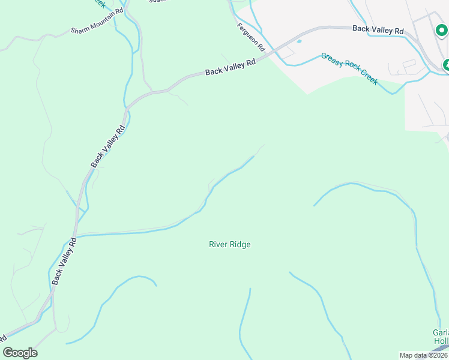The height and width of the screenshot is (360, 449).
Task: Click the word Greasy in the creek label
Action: click(x=331, y=59)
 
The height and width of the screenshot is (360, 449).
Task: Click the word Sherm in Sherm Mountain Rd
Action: click(x=80, y=30)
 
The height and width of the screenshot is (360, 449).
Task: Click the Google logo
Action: click(x=20, y=353)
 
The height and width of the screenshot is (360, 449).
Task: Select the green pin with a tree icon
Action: click(x=447, y=64)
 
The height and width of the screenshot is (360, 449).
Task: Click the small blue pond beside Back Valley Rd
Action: click(x=299, y=41)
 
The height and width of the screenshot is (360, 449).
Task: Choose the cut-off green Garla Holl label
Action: click(x=441, y=337)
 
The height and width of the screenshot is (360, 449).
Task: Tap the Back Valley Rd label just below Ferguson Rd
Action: click(x=231, y=67)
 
